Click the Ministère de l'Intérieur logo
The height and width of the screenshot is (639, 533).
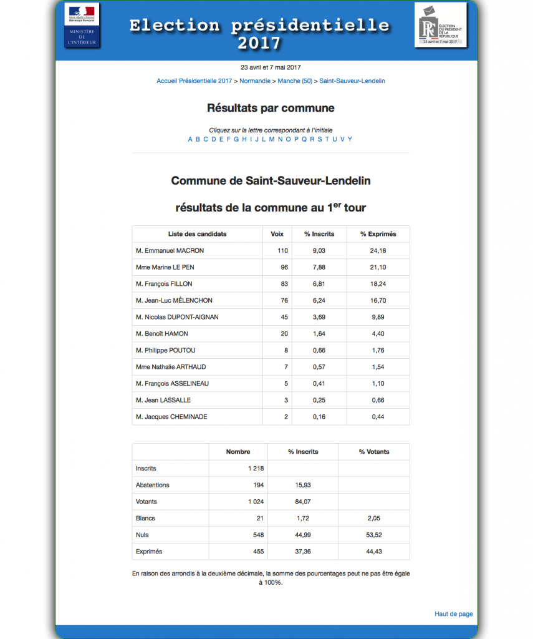tap(82, 25)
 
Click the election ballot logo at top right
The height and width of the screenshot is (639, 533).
tap(440, 25)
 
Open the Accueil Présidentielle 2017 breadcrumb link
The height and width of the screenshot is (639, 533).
tap(194, 81)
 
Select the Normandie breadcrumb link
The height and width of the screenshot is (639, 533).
tap(255, 81)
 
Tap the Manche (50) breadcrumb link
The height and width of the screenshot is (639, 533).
tap(295, 81)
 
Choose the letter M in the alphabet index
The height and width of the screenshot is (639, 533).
tap(271, 139)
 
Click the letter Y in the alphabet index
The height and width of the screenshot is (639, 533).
tap(350, 139)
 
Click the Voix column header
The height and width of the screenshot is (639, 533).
tap(277, 234)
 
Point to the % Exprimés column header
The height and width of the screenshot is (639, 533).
tap(378, 234)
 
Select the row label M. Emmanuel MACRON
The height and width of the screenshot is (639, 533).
tap(170, 251)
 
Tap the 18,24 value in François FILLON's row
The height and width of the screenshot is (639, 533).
tap(378, 284)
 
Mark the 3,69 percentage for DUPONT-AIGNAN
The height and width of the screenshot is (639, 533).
tap(319, 317)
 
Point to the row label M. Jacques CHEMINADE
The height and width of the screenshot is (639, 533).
tap(171, 417)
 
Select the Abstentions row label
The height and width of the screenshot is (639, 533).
tap(152, 485)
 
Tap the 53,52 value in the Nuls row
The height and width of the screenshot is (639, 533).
tap(373, 535)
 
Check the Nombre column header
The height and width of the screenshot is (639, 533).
tap(238, 452)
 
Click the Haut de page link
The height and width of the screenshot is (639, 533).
tap(453, 614)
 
